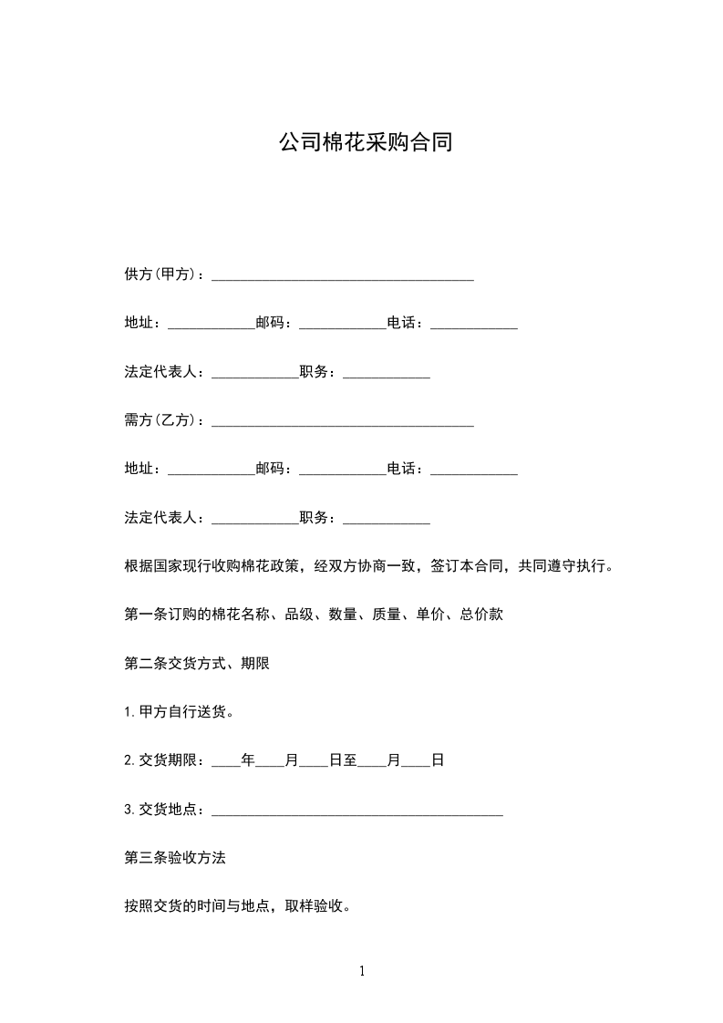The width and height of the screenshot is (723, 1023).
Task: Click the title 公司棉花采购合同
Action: pyautogui.click(x=365, y=144)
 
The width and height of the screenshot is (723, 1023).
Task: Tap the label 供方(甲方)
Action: pyautogui.click(x=163, y=274)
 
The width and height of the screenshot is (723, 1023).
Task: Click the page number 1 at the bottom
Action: pyautogui.click(x=362, y=971)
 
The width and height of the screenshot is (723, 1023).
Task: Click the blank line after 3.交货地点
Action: pyautogui.click(x=356, y=810)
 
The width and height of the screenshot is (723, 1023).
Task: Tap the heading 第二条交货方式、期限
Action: pyautogui.click(x=197, y=664)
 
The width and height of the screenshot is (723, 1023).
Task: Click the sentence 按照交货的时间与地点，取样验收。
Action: pyautogui.click(x=238, y=906)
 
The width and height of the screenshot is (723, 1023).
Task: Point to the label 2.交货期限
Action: pyautogui.click(x=164, y=760)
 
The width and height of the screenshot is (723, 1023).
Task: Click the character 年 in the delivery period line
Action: pyautogui.click(x=248, y=760)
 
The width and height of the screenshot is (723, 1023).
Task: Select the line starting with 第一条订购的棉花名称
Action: pyautogui.click(x=314, y=615)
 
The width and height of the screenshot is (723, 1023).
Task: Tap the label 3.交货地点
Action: pyautogui.click(x=164, y=810)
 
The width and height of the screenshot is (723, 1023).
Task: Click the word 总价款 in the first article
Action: pyautogui.click(x=481, y=615)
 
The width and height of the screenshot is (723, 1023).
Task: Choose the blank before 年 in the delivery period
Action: pyautogui.click(x=226, y=762)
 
